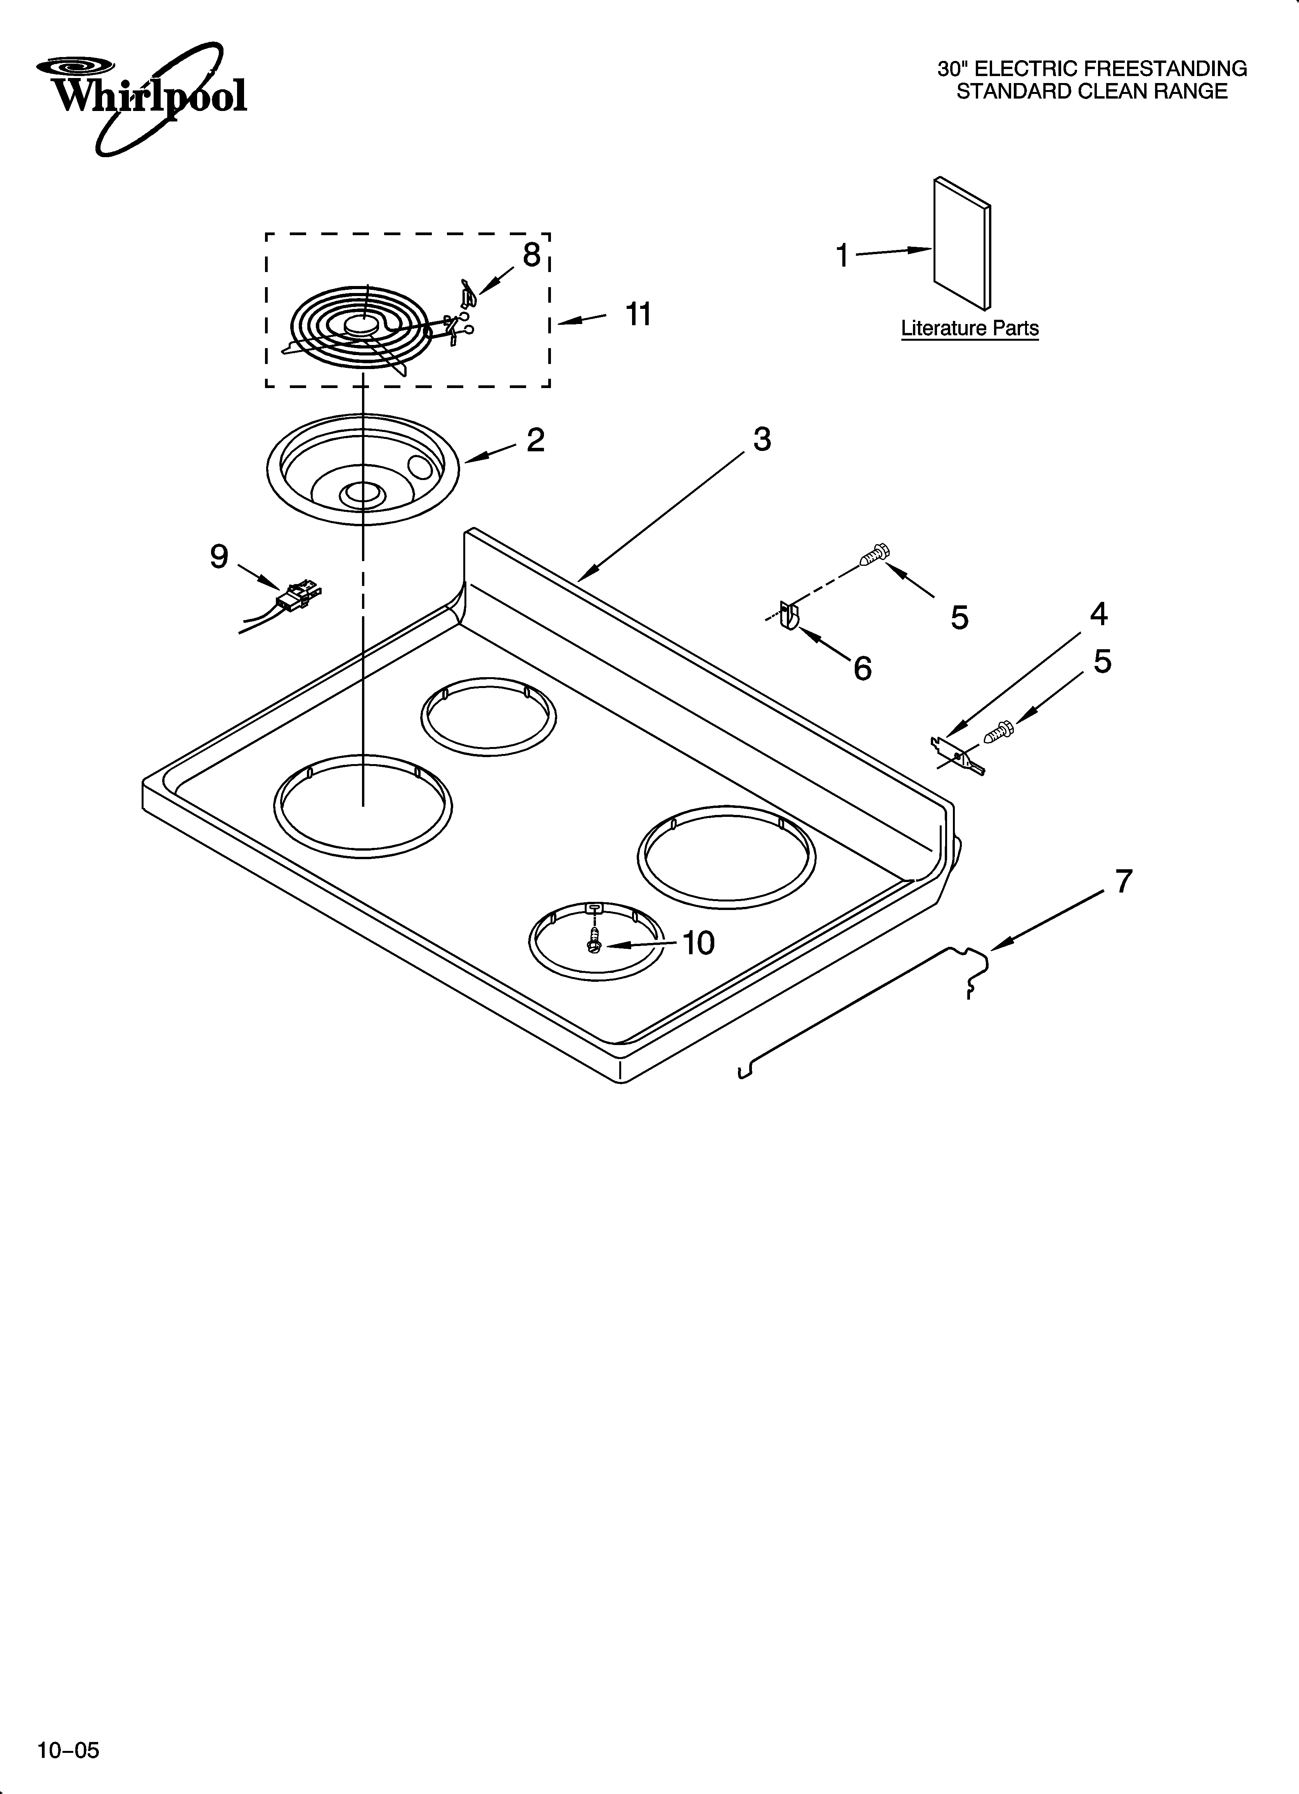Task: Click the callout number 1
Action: pyautogui.click(x=843, y=255)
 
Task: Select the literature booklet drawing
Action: pyautogui.click(x=961, y=244)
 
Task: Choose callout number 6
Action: pyautogui.click(x=862, y=668)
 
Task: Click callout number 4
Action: pyautogui.click(x=1098, y=614)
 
